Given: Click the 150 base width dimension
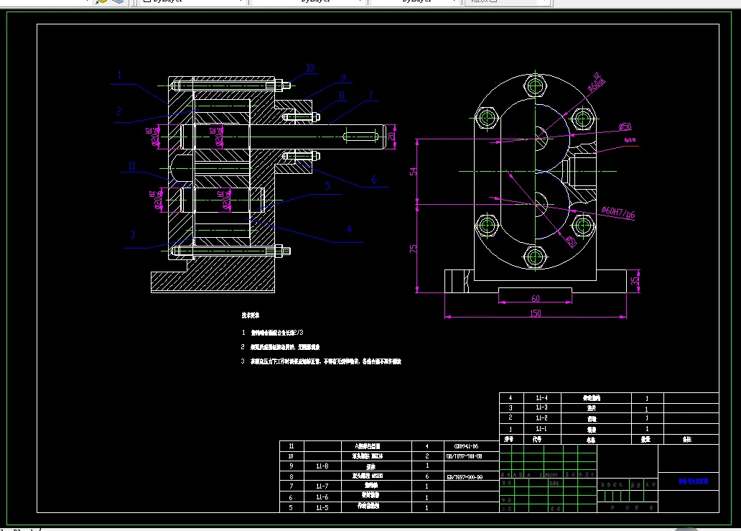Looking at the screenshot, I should pyautogui.click(x=535, y=313).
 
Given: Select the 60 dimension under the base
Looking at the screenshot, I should pyautogui.click(x=535, y=297).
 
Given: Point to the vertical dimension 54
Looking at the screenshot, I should pyautogui.click(x=413, y=172).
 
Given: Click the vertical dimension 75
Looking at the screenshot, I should pyautogui.click(x=413, y=248).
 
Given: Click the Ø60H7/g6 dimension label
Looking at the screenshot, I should pyautogui.click(x=619, y=213).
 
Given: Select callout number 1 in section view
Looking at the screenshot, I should pyautogui.click(x=120, y=74).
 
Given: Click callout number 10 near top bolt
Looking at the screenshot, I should pyautogui.click(x=310, y=68).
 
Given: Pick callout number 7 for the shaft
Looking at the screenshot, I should pyautogui.click(x=371, y=94).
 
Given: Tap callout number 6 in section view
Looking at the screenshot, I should pyautogui.click(x=373, y=180).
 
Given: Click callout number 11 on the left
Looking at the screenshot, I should pyautogui.click(x=132, y=166).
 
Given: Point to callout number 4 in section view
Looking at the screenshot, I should pyautogui.click(x=349, y=229).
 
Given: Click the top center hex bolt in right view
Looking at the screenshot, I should pyautogui.click(x=534, y=88).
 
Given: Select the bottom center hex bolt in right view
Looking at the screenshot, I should pyautogui.click(x=534, y=256).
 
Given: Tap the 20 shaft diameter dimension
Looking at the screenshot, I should pyautogui.click(x=391, y=136).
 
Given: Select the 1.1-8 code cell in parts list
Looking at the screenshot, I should pyautogui.click(x=322, y=466).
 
